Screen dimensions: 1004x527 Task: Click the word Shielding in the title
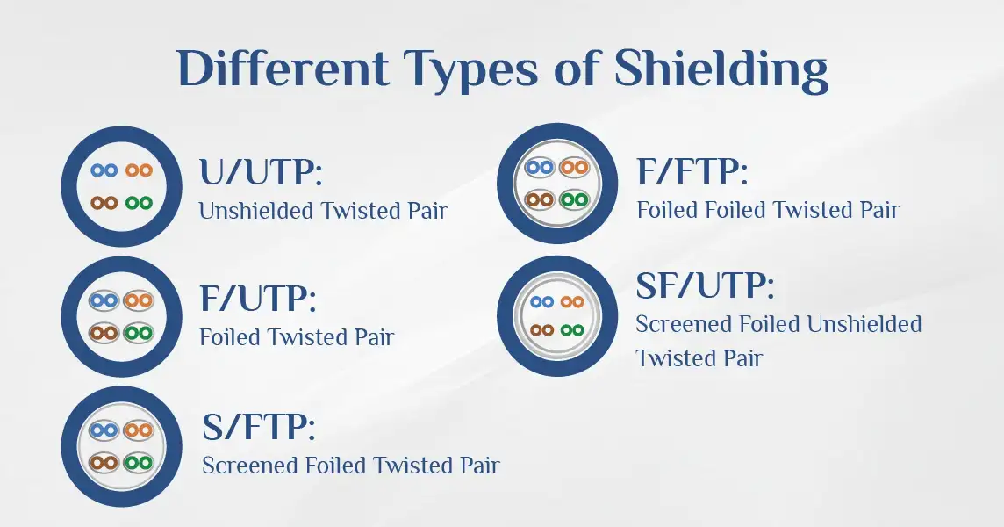(721, 69)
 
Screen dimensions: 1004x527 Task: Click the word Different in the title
(283, 68)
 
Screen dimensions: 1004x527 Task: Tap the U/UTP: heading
(261, 172)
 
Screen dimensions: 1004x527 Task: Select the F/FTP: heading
(692, 171)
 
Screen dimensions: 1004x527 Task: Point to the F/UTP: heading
(258, 299)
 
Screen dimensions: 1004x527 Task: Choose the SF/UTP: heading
(705, 286)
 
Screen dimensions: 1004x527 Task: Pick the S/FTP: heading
(259, 427)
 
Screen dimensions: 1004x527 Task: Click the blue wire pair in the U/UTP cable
(104, 170)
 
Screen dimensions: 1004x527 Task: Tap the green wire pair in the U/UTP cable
(139, 203)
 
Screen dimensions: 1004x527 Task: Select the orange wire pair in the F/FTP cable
(574, 168)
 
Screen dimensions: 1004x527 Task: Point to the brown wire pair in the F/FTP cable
(540, 200)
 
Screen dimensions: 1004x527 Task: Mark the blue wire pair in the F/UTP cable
(104, 300)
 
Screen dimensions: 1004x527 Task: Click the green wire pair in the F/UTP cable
(139, 334)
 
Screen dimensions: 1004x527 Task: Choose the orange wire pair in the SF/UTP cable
(572, 301)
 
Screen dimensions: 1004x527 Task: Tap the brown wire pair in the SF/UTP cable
(542, 331)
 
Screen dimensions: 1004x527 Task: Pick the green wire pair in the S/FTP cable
(139, 462)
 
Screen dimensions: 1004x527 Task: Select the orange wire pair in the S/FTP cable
(139, 430)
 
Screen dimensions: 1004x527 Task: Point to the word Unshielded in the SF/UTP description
(864, 324)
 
